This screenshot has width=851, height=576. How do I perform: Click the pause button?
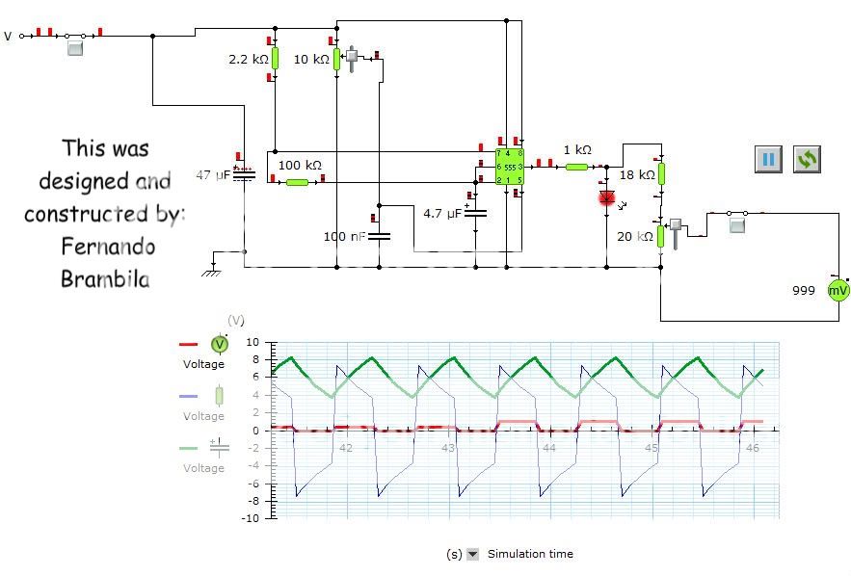[768, 159]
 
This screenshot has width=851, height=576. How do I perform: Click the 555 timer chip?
[509, 166]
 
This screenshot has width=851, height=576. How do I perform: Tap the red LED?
[607, 198]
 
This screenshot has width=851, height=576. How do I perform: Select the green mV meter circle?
[838, 290]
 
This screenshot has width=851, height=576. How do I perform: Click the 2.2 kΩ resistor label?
[248, 60]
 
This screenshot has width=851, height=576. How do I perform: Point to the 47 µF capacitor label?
[214, 175]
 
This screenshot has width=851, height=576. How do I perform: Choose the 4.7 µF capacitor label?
[442, 213]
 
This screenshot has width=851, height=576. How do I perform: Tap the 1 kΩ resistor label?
[577, 150]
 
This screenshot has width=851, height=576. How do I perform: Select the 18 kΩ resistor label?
[636, 175]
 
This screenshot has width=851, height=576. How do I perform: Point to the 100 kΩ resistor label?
[300, 166]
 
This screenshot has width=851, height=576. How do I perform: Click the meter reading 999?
[804, 290]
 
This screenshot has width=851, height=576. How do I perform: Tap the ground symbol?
[210, 271]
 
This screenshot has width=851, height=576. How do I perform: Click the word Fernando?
[108, 246]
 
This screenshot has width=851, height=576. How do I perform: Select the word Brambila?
[105, 279]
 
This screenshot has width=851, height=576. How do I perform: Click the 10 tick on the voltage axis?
[253, 342]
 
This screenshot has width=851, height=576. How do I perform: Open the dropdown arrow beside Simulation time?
[472, 554]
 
